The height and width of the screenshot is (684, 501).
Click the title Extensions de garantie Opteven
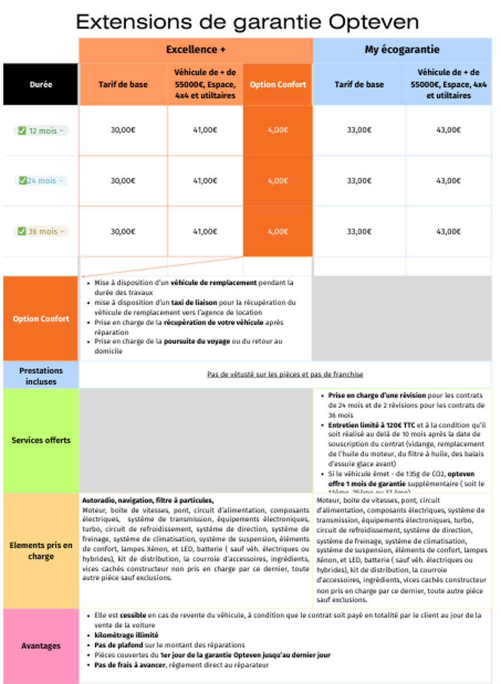pos(247,22)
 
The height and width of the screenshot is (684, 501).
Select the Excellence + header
pos(196,50)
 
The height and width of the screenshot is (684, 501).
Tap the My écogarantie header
pos(402,50)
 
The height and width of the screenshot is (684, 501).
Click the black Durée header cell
pos(41,85)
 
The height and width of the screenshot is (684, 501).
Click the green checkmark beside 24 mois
pos(22,181)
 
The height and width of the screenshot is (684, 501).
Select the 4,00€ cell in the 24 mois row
pos(278,181)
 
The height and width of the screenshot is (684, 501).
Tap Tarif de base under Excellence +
pos(123,85)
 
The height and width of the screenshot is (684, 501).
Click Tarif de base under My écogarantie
pos(359,85)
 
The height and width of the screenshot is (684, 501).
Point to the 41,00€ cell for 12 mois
pos(205,130)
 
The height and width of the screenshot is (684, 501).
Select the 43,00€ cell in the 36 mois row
pos(449,231)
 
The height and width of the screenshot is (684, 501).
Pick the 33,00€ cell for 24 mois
pos(359,181)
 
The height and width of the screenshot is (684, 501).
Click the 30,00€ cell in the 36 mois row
pos(123,231)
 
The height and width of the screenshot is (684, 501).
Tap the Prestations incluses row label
pos(41,376)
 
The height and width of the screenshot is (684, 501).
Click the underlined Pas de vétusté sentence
pos(285,374)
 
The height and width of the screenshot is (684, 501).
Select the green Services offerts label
pos(41,440)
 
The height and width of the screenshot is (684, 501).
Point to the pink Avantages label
pos(41,646)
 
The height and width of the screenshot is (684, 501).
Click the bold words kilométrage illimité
pos(126,635)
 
